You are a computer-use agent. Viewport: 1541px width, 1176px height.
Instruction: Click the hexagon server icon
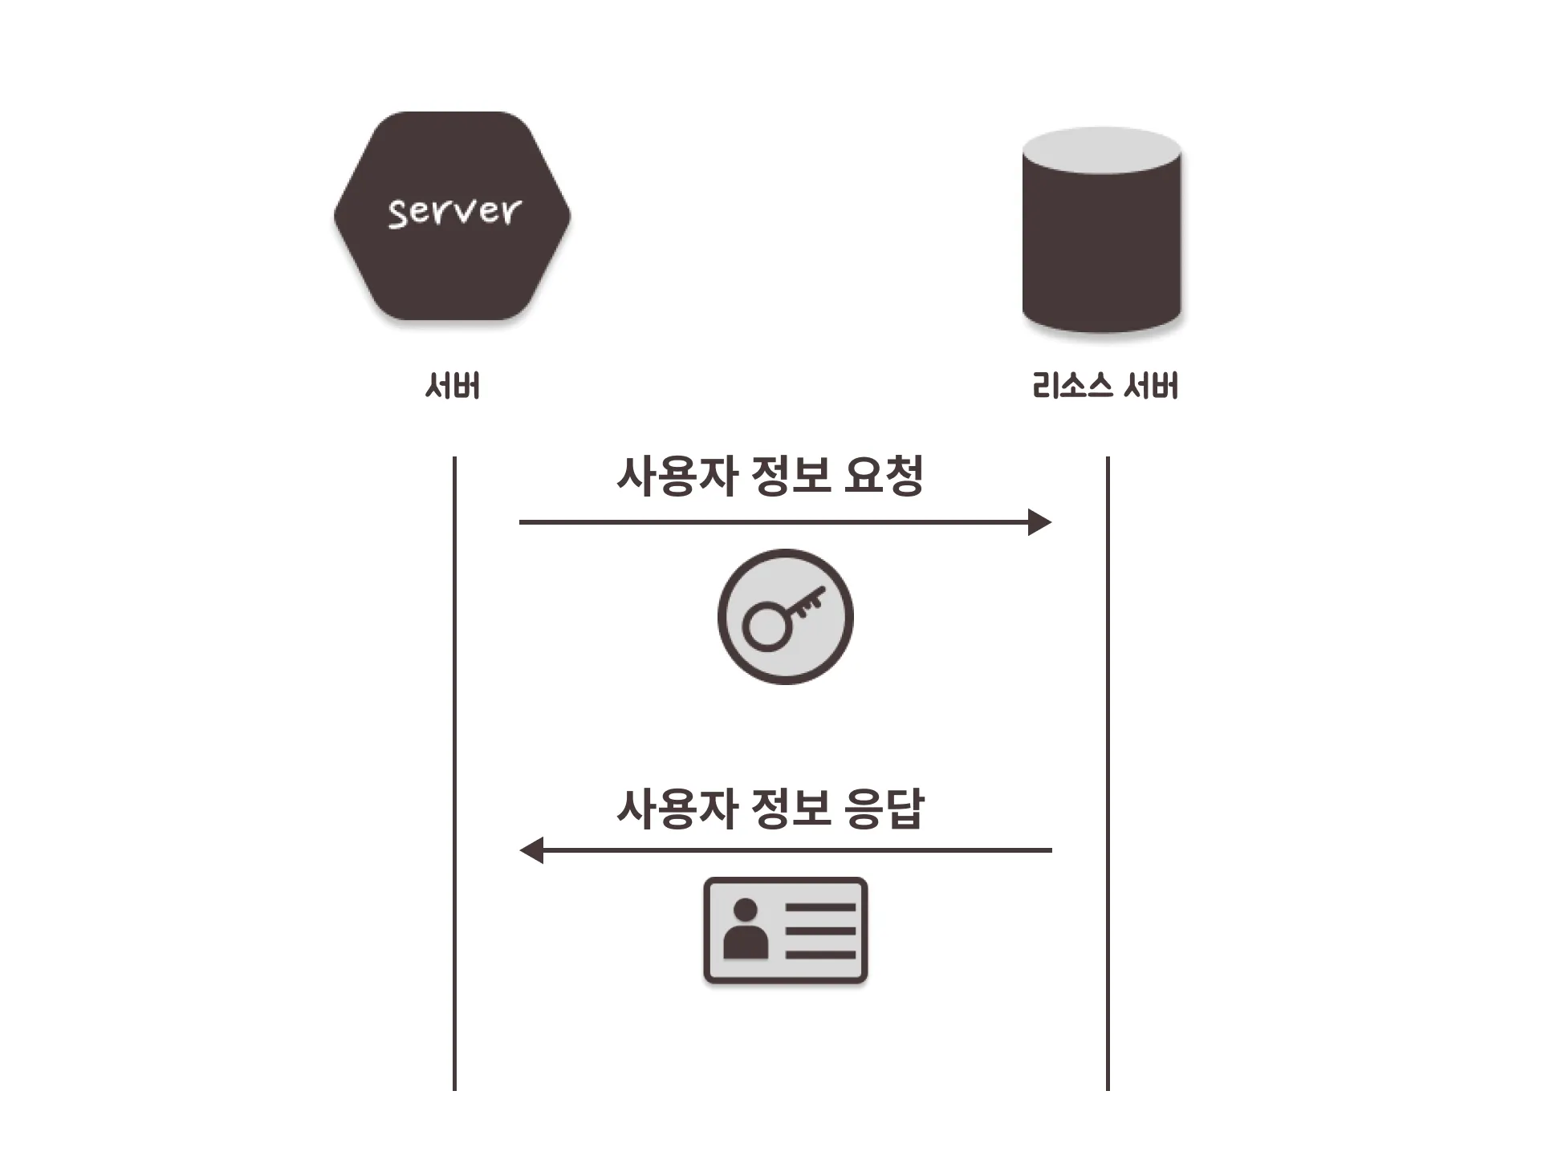(452, 265)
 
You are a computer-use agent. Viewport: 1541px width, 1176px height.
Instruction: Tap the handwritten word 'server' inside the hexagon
(454, 212)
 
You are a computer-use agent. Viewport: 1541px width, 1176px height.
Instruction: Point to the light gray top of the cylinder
(1101, 150)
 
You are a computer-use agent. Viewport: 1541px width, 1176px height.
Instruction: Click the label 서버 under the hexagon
(453, 386)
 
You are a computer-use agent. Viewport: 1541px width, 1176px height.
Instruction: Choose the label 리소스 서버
(1104, 386)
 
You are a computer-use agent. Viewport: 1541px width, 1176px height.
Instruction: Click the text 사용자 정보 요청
(769, 476)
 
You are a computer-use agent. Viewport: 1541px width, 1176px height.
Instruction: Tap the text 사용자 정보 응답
(769, 808)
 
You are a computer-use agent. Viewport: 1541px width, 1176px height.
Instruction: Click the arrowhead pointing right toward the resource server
(1040, 522)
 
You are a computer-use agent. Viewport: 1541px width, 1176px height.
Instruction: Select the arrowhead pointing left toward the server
(531, 850)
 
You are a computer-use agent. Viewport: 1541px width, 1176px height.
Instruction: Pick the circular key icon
(785, 616)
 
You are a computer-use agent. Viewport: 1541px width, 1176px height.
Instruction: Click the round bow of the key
(765, 626)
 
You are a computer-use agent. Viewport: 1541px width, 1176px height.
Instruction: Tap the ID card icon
(785, 931)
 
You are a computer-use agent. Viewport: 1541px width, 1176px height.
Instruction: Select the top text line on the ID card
(820, 907)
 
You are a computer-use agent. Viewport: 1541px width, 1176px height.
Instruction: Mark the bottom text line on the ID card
(820, 955)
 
